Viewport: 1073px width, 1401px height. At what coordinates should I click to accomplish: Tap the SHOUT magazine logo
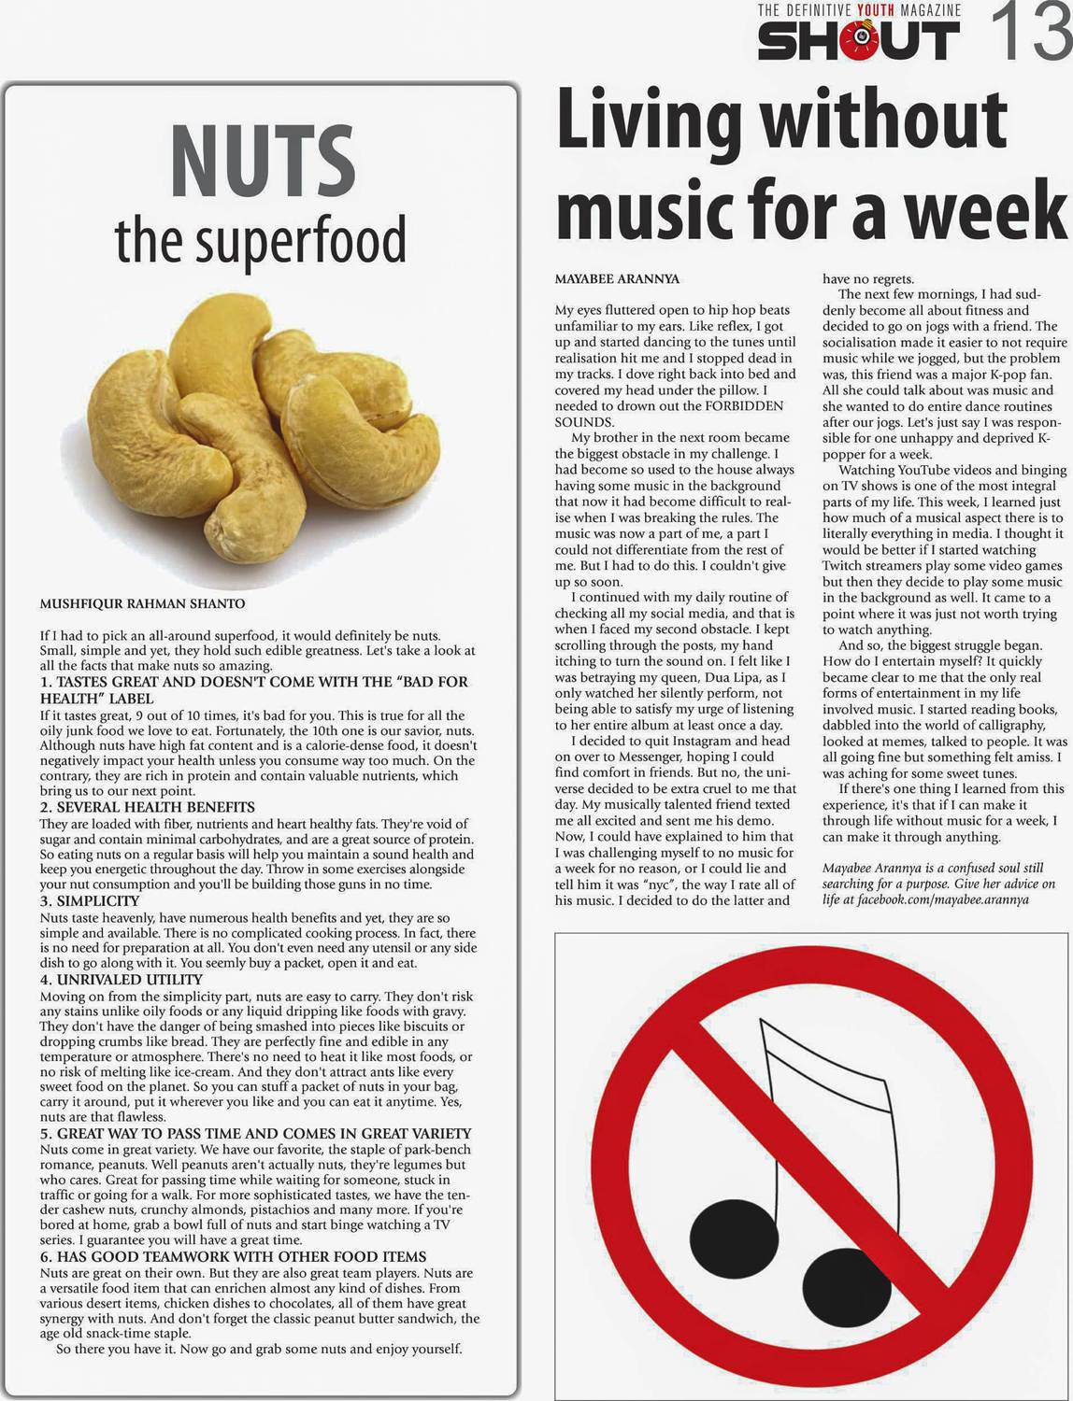point(858,41)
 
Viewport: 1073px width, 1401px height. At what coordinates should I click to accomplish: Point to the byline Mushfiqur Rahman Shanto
point(142,604)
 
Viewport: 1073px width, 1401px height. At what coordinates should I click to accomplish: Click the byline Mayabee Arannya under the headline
point(617,279)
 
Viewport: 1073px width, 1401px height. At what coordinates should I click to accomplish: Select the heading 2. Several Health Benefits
point(147,807)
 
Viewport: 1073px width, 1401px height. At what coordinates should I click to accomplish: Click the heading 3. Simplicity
point(90,901)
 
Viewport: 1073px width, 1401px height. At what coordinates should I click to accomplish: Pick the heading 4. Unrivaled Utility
point(122,980)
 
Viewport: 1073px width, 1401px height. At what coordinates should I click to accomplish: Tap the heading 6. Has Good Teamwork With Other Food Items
point(233,1257)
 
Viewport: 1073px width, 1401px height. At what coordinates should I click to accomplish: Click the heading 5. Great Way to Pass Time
point(255,1134)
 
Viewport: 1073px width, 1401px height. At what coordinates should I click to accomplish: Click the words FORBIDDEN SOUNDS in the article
point(669,414)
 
